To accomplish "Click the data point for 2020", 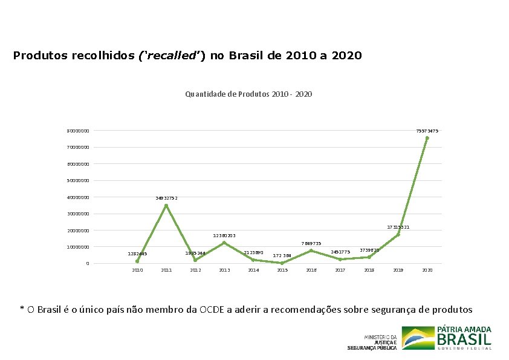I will click(427, 138).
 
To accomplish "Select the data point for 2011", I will click(166, 206).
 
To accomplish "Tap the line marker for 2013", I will click(224, 243).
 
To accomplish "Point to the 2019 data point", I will click(398, 235).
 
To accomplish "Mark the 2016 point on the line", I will click(311, 250).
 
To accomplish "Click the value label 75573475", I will click(427, 131).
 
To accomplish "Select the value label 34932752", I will click(166, 198).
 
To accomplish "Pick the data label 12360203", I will click(224, 235).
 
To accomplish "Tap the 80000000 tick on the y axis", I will click(78, 131).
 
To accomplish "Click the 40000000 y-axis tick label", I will click(78, 197).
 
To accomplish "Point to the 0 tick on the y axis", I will click(87, 263).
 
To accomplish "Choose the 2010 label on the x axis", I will click(137, 270).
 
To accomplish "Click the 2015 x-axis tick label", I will click(282, 270).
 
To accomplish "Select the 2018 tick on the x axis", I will click(369, 270).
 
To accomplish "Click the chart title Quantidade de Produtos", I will click(248, 94).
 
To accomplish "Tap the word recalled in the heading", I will click(170, 56).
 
